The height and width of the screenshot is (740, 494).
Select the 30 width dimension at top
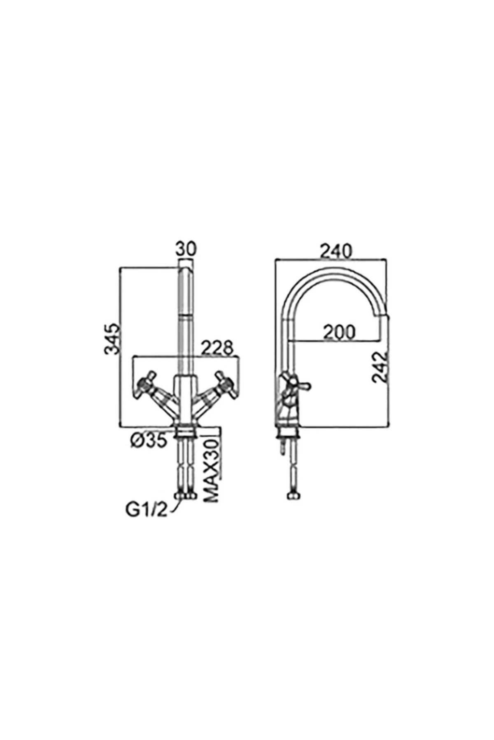[x=186, y=249]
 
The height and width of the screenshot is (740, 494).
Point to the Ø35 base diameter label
[x=149, y=440]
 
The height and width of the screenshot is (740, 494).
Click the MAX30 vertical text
[x=211, y=470]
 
